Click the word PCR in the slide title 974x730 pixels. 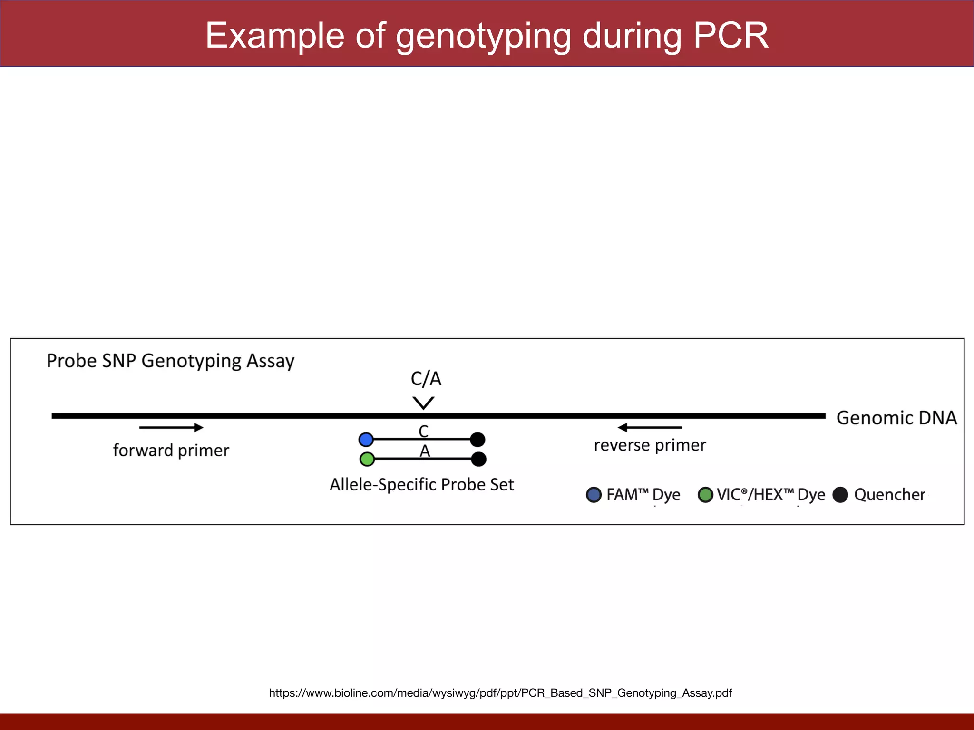click(x=730, y=36)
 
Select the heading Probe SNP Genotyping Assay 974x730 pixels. click(x=170, y=361)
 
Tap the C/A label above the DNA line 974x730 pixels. click(x=426, y=379)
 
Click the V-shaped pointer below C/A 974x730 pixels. click(x=423, y=403)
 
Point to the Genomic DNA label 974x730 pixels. click(x=896, y=418)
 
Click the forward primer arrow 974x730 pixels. click(x=171, y=428)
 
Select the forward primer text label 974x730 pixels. click(x=171, y=450)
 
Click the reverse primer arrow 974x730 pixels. click(x=650, y=428)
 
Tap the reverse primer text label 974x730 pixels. click(x=650, y=445)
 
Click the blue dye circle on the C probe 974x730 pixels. click(x=366, y=440)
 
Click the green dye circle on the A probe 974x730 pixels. click(x=367, y=459)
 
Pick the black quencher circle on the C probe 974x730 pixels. click(x=477, y=440)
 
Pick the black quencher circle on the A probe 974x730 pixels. click(x=478, y=459)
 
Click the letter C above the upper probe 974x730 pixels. click(x=423, y=431)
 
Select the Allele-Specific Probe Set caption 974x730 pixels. click(x=421, y=485)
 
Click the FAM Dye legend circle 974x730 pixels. click(x=594, y=495)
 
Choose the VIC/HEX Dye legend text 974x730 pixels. click(x=770, y=495)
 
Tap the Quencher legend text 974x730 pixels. click(x=889, y=495)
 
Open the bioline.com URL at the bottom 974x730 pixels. click(x=500, y=693)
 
